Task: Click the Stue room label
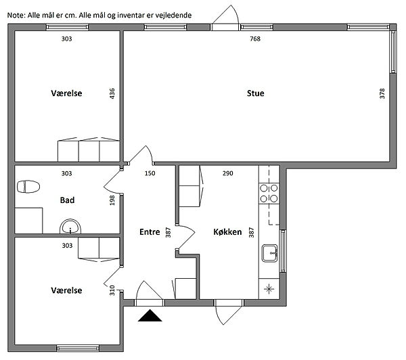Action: click(x=255, y=93)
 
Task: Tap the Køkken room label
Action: click(x=227, y=232)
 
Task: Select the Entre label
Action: click(x=150, y=232)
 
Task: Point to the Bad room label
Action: click(x=67, y=200)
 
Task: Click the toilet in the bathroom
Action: click(x=28, y=187)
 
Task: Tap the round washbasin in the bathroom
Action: click(x=70, y=227)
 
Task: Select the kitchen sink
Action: click(x=270, y=253)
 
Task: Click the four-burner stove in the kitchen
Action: click(x=269, y=194)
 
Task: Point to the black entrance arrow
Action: click(x=150, y=315)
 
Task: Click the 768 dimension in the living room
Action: click(x=255, y=39)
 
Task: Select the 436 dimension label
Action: click(x=112, y=93)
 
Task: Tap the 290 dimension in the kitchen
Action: click(x=228, y=173)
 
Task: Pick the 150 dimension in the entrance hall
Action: click(x=150, y=173)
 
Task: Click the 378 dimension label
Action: click(x=382, y=93)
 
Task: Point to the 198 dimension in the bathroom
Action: click(x=112, y=200)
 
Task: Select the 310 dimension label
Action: click(x=112, y=290)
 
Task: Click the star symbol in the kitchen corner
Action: click(x=269, y=288)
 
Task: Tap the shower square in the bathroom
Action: click(x=28, y=221)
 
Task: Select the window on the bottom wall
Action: click(x=78, y=348)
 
